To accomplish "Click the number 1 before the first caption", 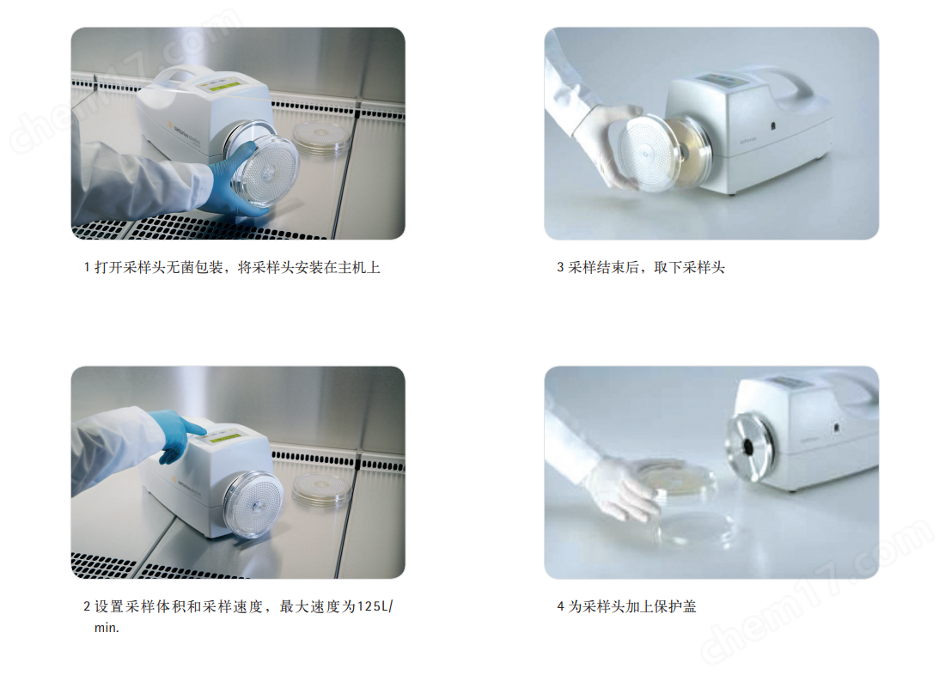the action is [87, 268].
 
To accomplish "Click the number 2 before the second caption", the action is [87, 606].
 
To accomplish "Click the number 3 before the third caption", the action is [560, 268].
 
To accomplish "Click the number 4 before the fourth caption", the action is [560, 606].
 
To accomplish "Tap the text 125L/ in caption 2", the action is [375, 606].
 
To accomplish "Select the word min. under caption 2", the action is [107, 628].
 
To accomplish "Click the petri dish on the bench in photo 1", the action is [321, 138].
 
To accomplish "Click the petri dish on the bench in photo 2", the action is [321, 488].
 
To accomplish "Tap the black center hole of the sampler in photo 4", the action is [749, 447].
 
